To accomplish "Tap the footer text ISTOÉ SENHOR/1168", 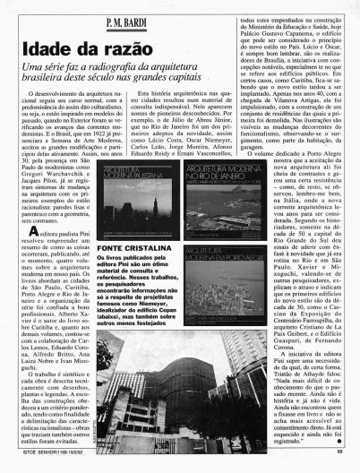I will click(x=45, y=463).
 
